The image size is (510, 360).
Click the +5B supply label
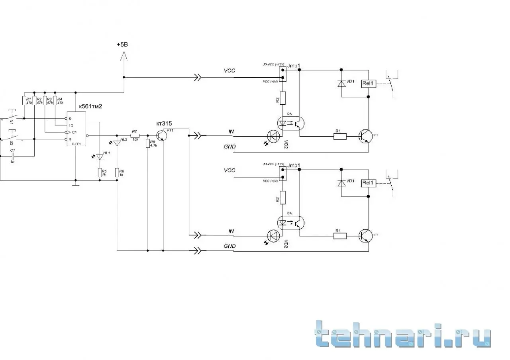pos(123,45)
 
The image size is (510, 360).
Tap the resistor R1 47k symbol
pos(24,100)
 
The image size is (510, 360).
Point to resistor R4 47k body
pos(55,100)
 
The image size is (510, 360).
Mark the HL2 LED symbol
pos(117,143)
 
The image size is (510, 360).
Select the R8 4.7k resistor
pos(148,143)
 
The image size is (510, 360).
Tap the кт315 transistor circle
pos(161,135)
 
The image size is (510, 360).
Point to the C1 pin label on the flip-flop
pos(74,132)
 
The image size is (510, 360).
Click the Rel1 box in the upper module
pos(368,83)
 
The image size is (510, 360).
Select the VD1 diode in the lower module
pos(341,183)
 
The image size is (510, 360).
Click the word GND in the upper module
pos(229,147)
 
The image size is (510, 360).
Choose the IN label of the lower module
pos(231,231)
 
